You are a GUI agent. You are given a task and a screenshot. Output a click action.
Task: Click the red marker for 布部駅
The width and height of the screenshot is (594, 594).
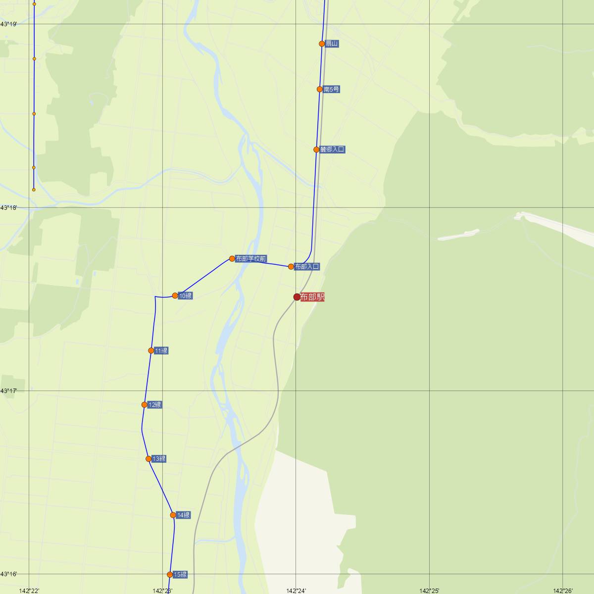tap(297, 297)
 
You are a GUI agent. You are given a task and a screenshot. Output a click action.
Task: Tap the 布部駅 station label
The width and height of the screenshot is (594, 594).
tap(312, 297)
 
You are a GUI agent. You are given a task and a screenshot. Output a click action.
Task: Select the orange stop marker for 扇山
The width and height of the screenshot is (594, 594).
tap(322, 44)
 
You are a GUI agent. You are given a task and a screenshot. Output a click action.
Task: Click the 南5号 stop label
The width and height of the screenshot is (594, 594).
tap(331, 90)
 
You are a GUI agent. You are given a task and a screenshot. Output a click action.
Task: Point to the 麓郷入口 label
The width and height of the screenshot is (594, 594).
tap(332, 149)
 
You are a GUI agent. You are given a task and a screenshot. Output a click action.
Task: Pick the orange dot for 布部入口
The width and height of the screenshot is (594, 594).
tap(291, 267)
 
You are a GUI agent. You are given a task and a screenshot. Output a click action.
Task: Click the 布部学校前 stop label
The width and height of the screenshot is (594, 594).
tap(251, 259)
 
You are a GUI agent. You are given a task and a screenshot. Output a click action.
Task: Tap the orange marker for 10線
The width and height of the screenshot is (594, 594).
tap(175, 296)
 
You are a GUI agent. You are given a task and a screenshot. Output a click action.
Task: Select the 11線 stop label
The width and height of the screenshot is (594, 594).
tap(161, 351)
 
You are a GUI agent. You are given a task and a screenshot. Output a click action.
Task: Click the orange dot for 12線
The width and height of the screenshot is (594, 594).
tap(145, 405)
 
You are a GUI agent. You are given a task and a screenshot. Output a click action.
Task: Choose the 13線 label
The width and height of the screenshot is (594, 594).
tap(159, 459)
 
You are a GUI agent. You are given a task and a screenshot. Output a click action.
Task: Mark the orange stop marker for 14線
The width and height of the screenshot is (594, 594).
tap(173, 515)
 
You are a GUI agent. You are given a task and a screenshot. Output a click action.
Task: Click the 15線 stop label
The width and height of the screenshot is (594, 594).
tap(181, 575)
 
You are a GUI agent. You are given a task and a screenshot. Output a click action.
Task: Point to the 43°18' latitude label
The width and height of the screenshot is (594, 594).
tap(8, 208)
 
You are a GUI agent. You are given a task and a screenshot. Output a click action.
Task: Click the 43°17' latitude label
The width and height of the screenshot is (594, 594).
tap(8, 391)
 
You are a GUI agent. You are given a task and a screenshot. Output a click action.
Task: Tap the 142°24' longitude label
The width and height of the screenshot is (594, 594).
tap(296, 591)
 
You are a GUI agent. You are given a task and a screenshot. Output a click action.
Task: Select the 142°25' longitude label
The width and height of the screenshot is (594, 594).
tap(429, 591)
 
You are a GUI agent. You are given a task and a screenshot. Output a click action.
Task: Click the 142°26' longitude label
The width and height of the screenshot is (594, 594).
tap(563, 591)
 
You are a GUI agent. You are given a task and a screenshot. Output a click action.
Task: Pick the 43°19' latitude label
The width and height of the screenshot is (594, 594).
tap(8, 24)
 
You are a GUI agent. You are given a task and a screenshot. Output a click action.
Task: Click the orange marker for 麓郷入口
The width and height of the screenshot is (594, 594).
tap(316, 149)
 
